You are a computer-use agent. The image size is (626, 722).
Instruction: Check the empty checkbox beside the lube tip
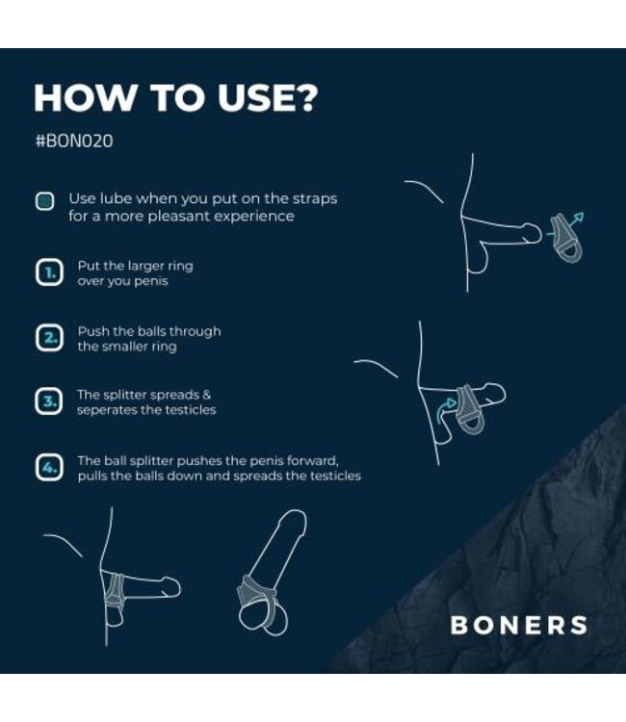pyautogui.click(x=44, y=201)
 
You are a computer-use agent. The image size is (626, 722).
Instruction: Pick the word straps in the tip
pyautogui.click(x=315, y=198)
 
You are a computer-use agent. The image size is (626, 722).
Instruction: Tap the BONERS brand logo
pyautogui.click(x=518, y=625)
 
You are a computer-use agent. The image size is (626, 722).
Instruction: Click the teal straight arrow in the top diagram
pyautogui.click(x=574, y=221)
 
